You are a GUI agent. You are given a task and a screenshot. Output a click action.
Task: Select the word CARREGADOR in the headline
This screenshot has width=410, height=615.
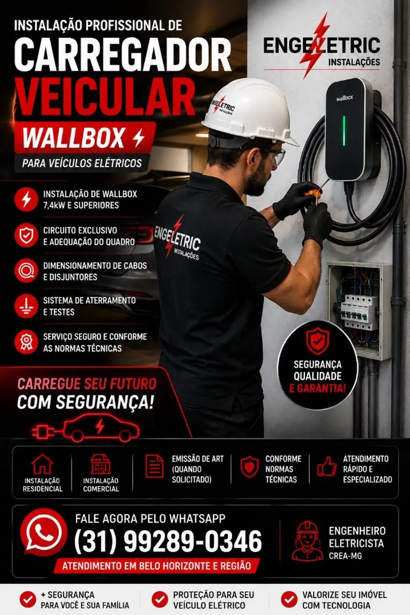(123, 54)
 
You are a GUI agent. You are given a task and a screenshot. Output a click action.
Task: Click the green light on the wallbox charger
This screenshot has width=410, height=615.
(343, 130)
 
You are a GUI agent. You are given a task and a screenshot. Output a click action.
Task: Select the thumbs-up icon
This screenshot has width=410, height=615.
(327, 466)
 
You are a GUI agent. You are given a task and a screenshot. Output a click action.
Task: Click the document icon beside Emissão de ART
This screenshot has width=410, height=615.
(154, 466)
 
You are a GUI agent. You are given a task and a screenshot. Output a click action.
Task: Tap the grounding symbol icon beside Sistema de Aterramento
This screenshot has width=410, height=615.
(26, 306)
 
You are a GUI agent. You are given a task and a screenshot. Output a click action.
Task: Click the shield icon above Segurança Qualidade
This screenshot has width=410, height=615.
(317, 341)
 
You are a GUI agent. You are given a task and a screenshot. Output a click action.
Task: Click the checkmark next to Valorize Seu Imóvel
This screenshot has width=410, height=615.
(289, 600)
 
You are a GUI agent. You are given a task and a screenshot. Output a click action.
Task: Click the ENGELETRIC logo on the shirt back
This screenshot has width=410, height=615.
(177, 240)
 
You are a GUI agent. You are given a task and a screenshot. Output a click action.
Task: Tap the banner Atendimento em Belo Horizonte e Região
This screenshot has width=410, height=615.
(157, 566)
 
